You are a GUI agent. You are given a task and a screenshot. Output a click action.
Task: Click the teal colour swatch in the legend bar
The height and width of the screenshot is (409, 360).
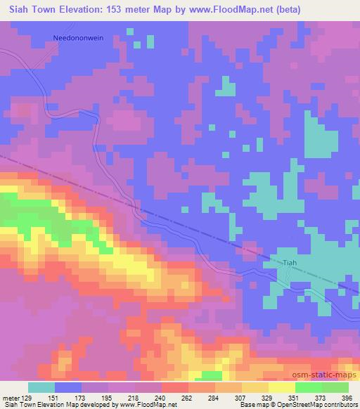click(41, 388)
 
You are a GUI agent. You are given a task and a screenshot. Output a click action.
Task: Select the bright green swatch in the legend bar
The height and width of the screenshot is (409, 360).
click(308, 388)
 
